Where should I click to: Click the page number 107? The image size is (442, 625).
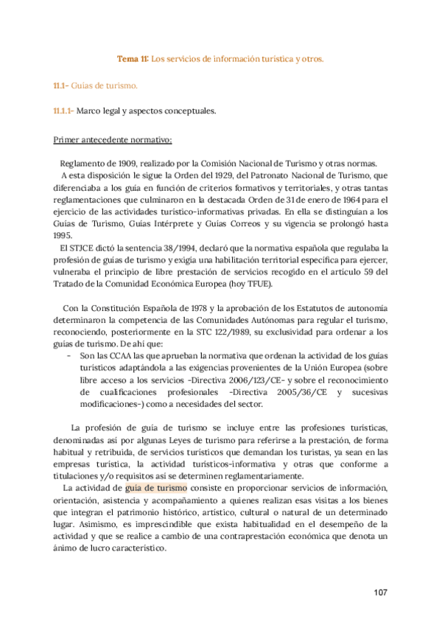(380, 593)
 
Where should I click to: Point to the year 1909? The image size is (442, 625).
(122, 164)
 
